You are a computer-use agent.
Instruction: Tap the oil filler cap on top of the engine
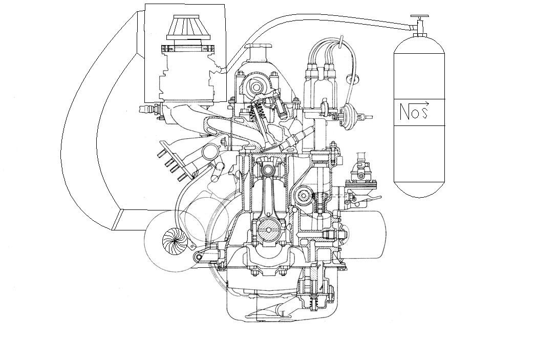pyautogui.click(x=260, y=47)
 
